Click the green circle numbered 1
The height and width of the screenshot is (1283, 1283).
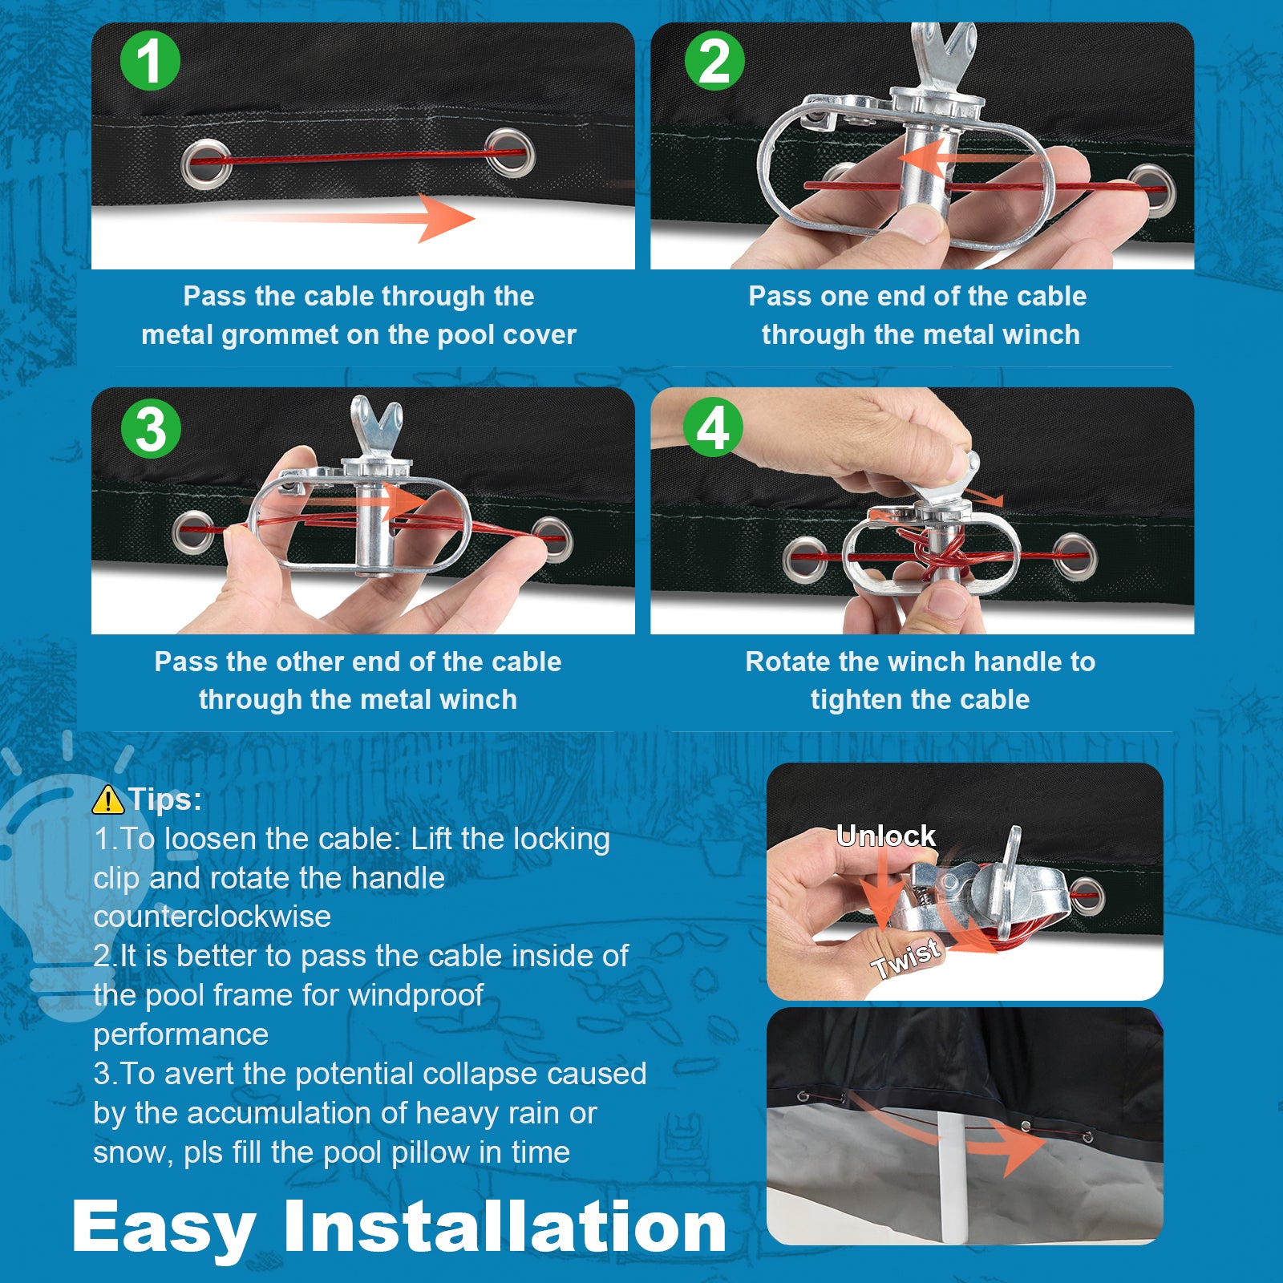click(150, 61)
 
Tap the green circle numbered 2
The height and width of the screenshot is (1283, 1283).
click(714, 61)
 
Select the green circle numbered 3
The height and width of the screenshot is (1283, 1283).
click(151, 428)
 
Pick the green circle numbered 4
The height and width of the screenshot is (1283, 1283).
click(713, 427)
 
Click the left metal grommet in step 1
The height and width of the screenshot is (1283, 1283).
click(206, 163)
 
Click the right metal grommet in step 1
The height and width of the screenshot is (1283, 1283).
click(510, 152)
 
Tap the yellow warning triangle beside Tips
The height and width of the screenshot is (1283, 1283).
click(108, 799)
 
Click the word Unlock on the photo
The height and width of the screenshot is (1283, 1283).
click(886, 836)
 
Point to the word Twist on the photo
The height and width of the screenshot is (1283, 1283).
click(906, 958)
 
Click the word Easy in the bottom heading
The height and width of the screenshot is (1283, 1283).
click(164, 1228)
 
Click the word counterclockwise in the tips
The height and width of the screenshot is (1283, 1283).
click(212, 917)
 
